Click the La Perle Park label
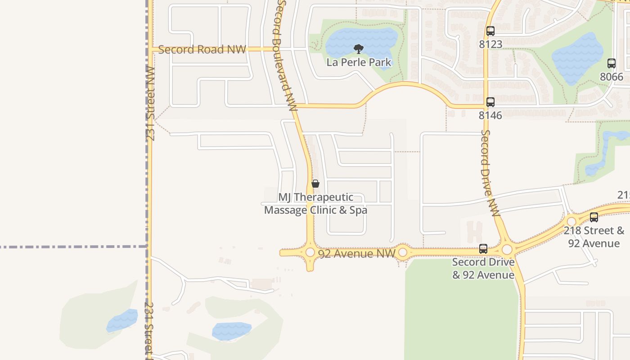(359, 62)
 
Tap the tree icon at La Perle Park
(359, 49)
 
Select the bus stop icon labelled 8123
(490, 31)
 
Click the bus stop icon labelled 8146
(490, 102)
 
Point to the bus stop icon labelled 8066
(612, 63)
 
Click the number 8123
(490, 44)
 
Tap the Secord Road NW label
(202, 49)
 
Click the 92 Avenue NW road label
(351, 254)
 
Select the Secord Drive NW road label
(490, 173)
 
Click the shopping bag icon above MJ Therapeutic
(315, 184)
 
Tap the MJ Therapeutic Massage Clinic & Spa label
(315, 204)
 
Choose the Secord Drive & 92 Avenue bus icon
(483, 248)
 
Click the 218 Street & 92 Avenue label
(594, 237)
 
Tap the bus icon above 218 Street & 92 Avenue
(594, 217)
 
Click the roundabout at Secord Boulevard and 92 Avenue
(310, 252)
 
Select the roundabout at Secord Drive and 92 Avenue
(507, 249)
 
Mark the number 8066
(612, 76)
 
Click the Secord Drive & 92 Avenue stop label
(483, 268)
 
